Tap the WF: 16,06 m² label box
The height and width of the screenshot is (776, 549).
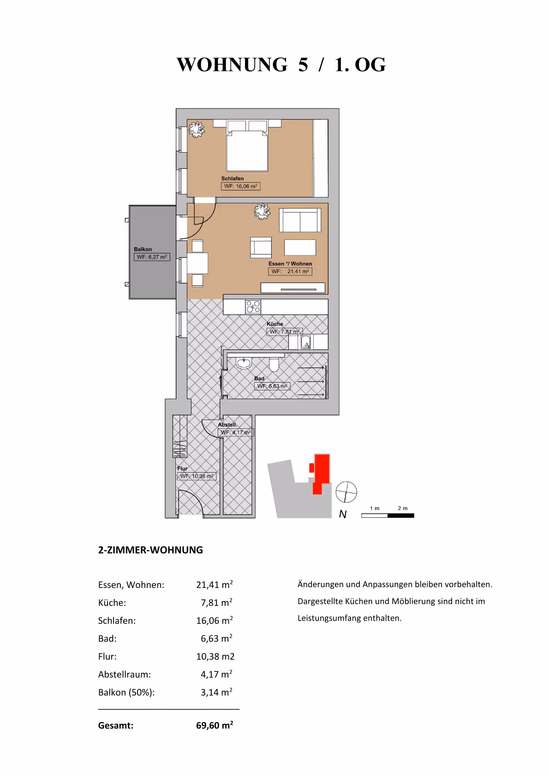(x=240, y=186)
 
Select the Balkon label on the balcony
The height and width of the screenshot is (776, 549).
(x=143, y=249)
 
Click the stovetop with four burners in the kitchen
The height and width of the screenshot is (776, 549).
(x=253, y=307)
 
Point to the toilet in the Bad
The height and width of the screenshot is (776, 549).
(x=274, y=365)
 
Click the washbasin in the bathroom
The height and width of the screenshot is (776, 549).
(x=244, y=363)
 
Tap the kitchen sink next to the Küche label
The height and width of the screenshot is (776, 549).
(x=305, y=342)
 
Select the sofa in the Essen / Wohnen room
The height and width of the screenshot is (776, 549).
(x=300, y=220)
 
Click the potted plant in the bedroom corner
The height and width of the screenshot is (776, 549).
(x=197, y=129)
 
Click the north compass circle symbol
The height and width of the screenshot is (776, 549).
(x=346, y=492)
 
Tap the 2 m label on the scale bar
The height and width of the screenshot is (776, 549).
(x=402, y=508)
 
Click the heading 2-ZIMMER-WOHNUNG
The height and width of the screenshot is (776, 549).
(x=150, y=550)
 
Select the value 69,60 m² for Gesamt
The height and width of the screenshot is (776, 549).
(x=215, y=725)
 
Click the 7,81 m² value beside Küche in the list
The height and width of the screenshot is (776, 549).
(x=216, y=603)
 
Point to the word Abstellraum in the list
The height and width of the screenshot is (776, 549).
(x=124, y=674)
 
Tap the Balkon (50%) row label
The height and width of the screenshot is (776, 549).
(x=126, y=692)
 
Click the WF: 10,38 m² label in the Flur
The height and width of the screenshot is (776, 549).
(x=197, y=476)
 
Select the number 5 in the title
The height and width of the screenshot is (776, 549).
(x=303, y=65)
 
